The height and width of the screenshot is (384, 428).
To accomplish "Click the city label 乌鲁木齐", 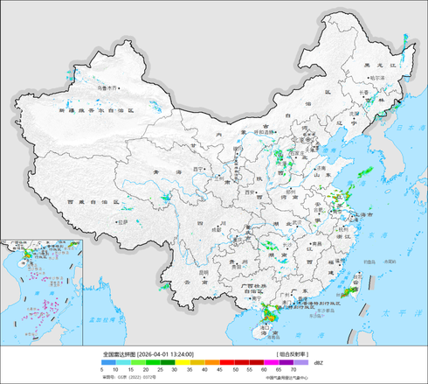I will pyautogui.click(x=106, y=87).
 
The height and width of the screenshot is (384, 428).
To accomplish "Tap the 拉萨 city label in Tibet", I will pyautogui.click(x=124, y=222).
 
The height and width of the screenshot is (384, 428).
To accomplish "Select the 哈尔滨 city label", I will pyautogui.click(x=377, y=77).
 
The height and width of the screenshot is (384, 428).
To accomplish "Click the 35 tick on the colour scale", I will pyautogui.click(x=191, y=371).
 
